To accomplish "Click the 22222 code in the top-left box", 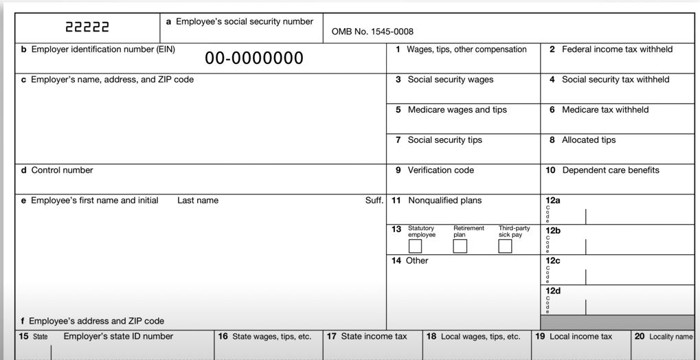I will coord(87,28).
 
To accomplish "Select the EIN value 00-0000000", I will coord(253,58).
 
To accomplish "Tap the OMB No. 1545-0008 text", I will coord(372,31).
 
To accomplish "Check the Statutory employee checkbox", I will coord(416,246).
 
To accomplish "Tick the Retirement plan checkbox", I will coord(460,246).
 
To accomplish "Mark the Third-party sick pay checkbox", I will coord(505,246).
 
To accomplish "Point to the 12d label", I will coord(553,291).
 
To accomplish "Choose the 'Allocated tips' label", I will coord(588,140).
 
